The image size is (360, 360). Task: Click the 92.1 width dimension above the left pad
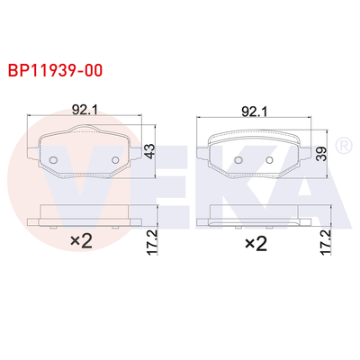pyautogui.click(x=84, y=111)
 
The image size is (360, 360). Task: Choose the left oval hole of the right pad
pyautogui.click(x=238, y=162)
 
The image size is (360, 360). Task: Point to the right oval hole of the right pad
pyautogui.click(x=270, y=162)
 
